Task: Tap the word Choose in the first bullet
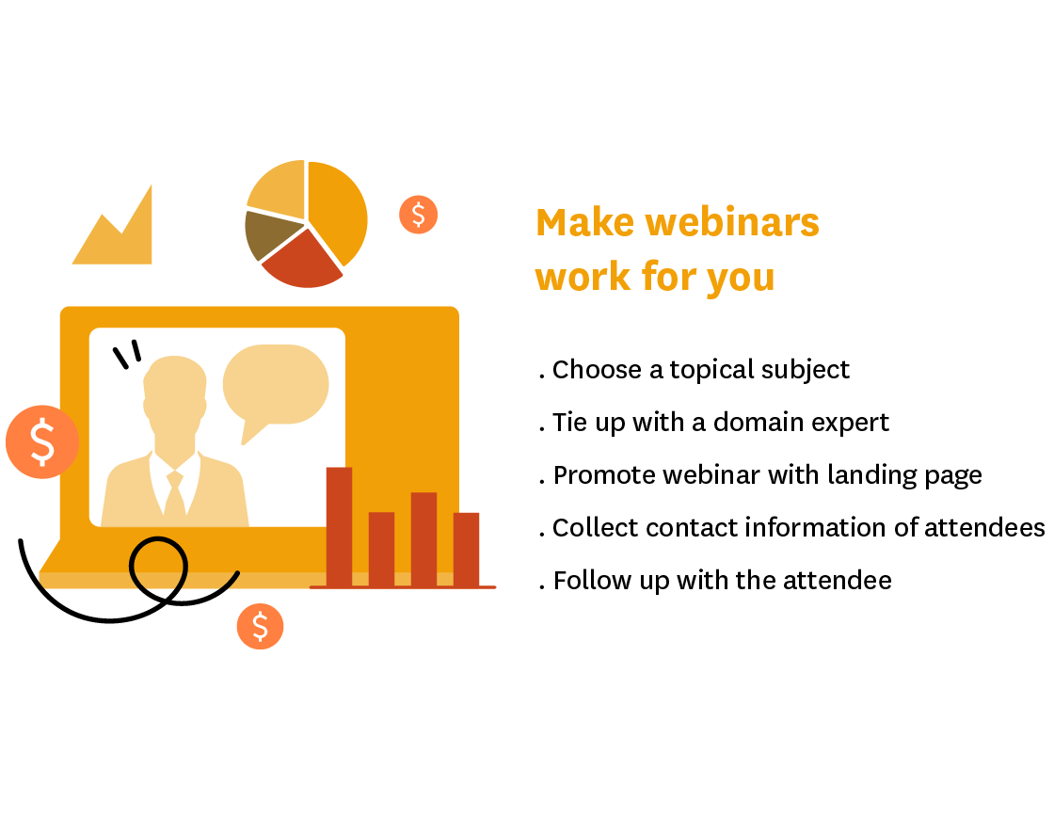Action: pyautogui.click(x=597, y=370)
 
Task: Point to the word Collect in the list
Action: pyautogui.click(x=595, y=528)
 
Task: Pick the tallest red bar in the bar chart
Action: pyautogui.click(x=339, y=526)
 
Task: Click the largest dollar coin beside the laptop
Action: pyautogui.click(x=42, y=441)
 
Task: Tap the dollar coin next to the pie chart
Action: pyautogui.click(x=418, y=215)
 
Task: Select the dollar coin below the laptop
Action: pyautogui.click(x=260, y=626)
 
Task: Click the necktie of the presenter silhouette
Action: pyautogui.click(x=175, y=494)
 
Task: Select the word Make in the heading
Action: pyautogui.click(x=584, y=222)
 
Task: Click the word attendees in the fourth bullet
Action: pyautogui.click(x=984, y=528)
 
